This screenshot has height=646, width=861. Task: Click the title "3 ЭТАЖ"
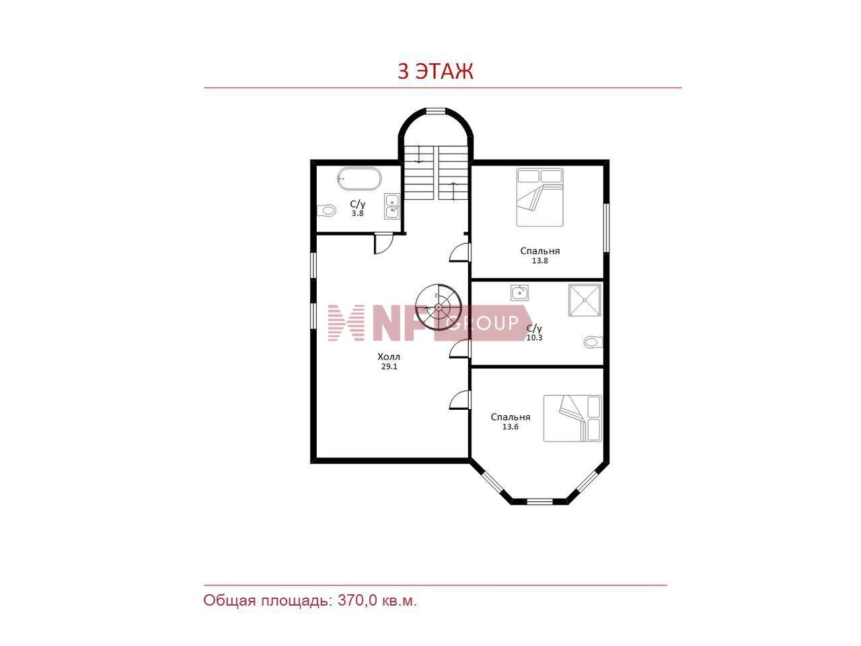click(435, 71)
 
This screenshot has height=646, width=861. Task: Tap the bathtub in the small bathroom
click(359, 179)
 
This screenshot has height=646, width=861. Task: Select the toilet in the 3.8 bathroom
click(326, 211)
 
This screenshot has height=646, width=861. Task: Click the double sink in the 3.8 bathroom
click(392, 207)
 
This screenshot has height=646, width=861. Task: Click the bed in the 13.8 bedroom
click(539, 197)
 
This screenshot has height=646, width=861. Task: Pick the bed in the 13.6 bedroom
click(572, 418)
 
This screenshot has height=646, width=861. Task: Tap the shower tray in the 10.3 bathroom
click(585, 300)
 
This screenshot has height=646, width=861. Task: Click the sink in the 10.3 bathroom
click(520, 293)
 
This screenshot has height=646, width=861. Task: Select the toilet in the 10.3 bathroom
click(593, 342)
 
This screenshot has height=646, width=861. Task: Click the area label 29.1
click(389, 367)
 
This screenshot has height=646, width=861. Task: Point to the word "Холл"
click(389, 357)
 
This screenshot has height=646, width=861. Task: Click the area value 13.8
click(539, 260)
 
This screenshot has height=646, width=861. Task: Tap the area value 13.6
click(511, 427)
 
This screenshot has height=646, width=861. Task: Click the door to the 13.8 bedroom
click(459, 252)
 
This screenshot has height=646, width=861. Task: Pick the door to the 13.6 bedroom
click(459, 400)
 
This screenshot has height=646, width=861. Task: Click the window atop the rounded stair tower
click(436, 111)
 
